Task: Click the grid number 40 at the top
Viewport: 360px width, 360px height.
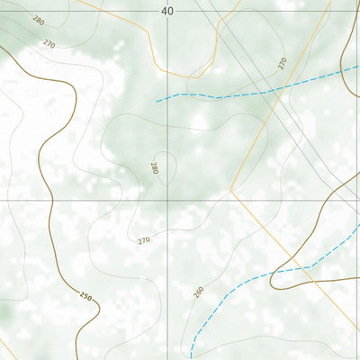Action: [167, 11]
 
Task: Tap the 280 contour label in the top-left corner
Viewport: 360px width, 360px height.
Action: [37, 21]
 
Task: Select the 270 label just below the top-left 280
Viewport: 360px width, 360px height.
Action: [48, 43]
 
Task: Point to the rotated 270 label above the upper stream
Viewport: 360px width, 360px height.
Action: [282, 63]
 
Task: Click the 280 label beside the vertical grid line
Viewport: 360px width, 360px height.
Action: [155, 168]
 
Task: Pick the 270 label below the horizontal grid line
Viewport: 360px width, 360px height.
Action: [144, 240]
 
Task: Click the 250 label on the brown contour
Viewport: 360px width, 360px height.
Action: [85, 296]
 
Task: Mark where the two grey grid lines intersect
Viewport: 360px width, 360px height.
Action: [167, 200]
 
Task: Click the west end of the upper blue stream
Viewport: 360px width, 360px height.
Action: [156, 102]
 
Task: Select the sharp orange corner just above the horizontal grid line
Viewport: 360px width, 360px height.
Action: [230, 190]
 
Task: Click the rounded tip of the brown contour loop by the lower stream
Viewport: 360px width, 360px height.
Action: [271, 281]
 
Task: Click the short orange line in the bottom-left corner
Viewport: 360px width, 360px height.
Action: [6, 347]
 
